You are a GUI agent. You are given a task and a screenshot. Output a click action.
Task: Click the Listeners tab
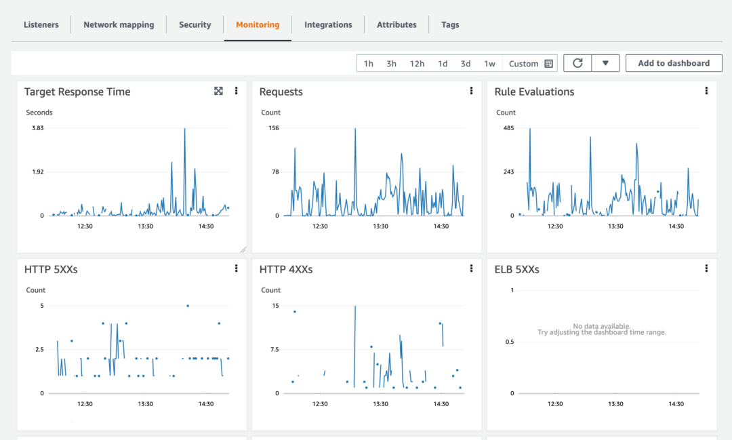point(41,25)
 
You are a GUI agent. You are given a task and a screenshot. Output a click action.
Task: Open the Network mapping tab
point(119,25)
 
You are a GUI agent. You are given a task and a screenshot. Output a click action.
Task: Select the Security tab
point(195,25)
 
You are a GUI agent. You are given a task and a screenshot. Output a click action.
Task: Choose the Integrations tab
point(328,25)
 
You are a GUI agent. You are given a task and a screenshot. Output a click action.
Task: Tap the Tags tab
point(450,25)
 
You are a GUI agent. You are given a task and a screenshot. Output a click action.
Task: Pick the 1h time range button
point(369,64)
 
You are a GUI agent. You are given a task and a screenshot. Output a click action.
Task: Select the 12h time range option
point(417,64)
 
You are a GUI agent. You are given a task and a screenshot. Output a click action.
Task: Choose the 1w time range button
point(489,64)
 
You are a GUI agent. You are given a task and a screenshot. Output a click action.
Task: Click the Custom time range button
point(531,64)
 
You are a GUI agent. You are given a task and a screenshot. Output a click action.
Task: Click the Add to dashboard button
point(674,63)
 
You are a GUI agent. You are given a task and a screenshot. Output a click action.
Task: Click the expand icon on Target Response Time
point(218,91)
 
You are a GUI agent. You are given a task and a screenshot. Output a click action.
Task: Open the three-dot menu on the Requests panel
point(471,91)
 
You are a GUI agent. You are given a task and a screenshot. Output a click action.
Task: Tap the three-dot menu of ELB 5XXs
point(706,268)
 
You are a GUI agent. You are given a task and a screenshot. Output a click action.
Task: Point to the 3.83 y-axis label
point(38,128)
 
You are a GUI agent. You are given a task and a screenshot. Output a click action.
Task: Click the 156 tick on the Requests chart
point(274,128)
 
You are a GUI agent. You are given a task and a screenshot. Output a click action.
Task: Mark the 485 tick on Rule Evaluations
point(509,128)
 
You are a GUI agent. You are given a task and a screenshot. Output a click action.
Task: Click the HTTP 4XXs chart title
point(286,269)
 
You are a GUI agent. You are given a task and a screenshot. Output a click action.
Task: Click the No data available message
point(602,326)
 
